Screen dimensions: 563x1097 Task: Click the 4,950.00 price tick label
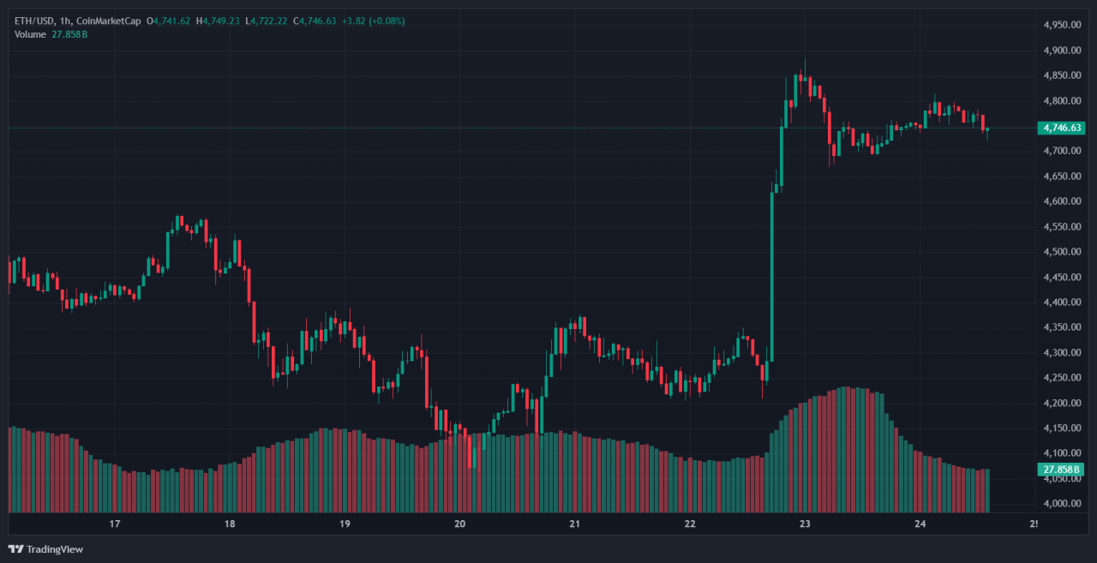pyautogui.click(x=1061, y=25)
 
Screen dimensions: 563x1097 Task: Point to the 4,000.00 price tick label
pyautogui.click(x=1061, y=503)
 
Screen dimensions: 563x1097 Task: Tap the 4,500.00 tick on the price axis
pyautogui.click(x=1061, y=252)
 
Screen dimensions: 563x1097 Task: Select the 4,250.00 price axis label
pyautogui.click(x=1061, y=378)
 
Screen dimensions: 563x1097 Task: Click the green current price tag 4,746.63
pyautogui.click(x=1061, y=129)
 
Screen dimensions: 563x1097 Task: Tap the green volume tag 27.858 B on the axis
pyautogui.click(x=1061, y=470)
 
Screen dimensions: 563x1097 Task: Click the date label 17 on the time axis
pyautogui.click(x=114, y=524)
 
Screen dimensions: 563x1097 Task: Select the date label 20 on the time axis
pyautogui.click(x=459, y=524)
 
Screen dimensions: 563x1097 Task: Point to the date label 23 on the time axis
pyautogui.click(x=804, y=524)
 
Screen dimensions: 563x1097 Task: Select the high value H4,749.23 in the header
pyautogui.click(x=219, y=21)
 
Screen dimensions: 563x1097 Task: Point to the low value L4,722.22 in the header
pyautogui.click(x=267, y=21)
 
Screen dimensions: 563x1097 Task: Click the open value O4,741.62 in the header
pyautogui.click(x=169, y=21)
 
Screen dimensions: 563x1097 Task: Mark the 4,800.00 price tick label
pyautogui.click(x=1061, y=101)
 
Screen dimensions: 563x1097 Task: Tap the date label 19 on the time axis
pyautogui.click(x=345, y=524)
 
